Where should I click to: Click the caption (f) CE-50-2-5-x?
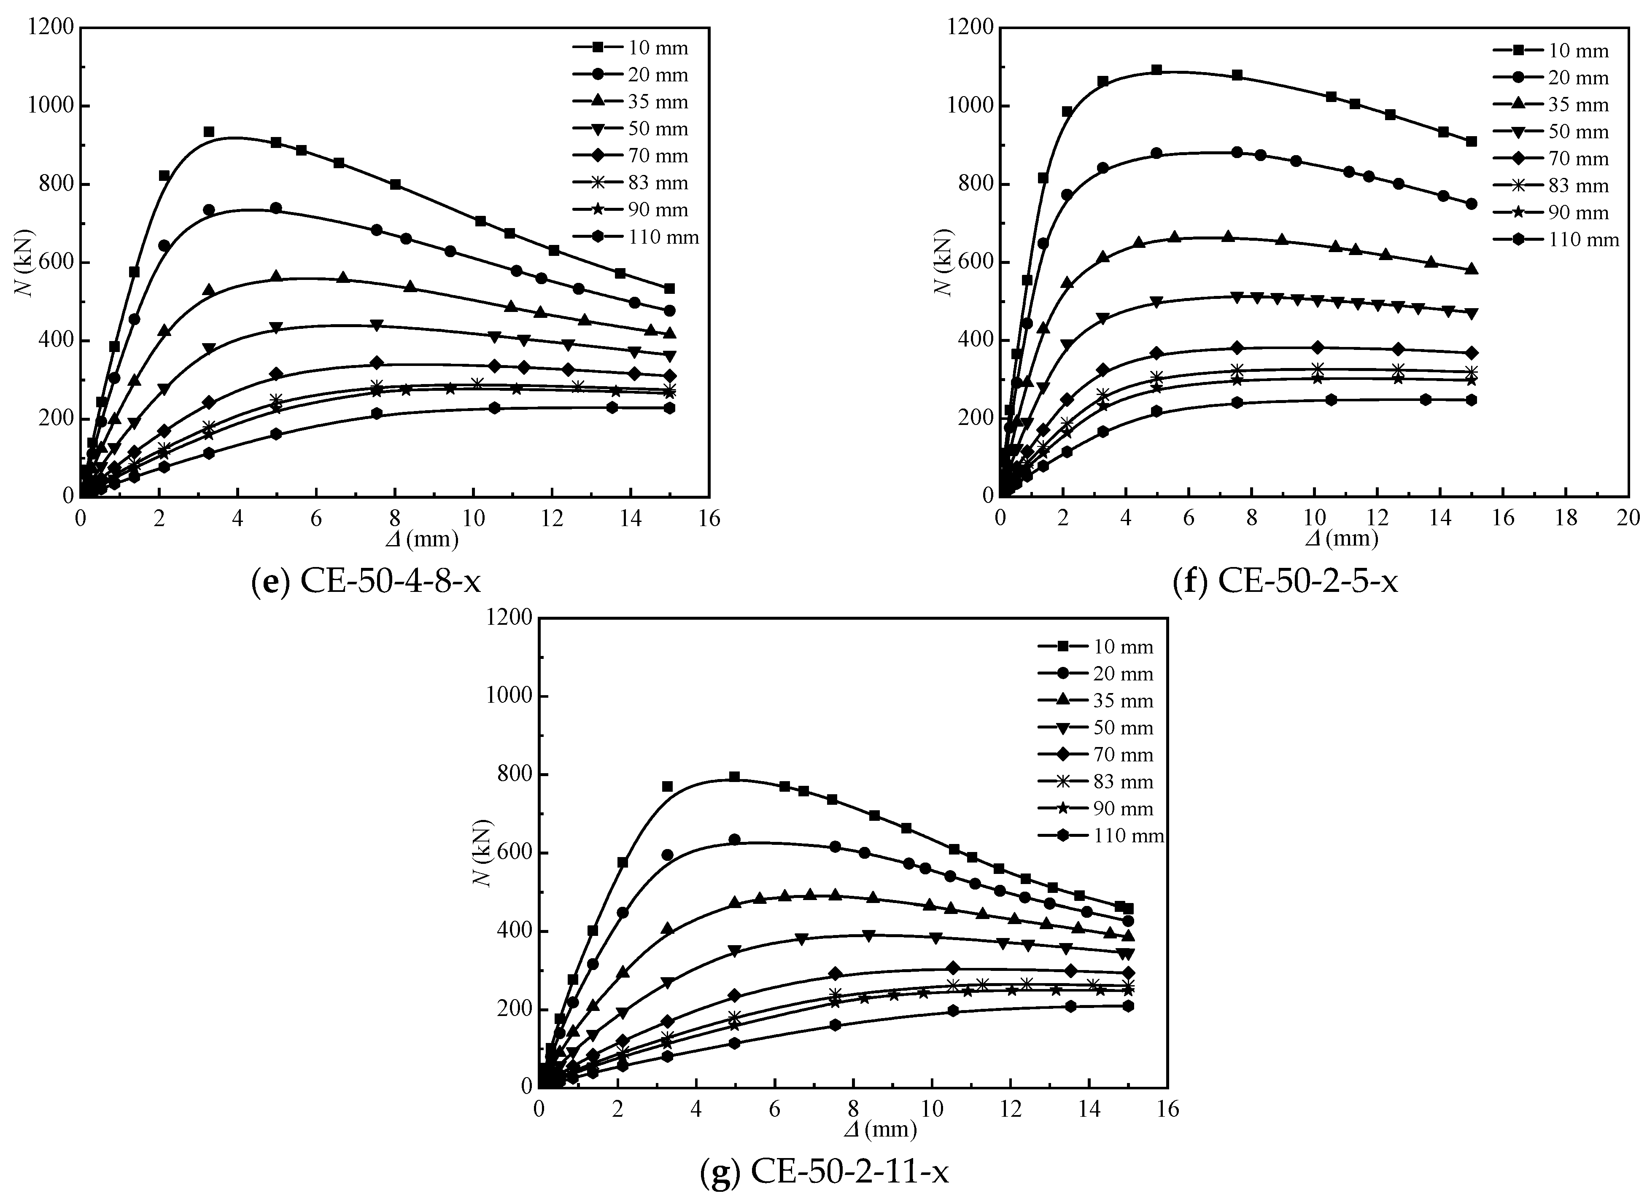coord(1286,581)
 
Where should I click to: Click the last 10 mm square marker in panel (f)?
coord(1471,142)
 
